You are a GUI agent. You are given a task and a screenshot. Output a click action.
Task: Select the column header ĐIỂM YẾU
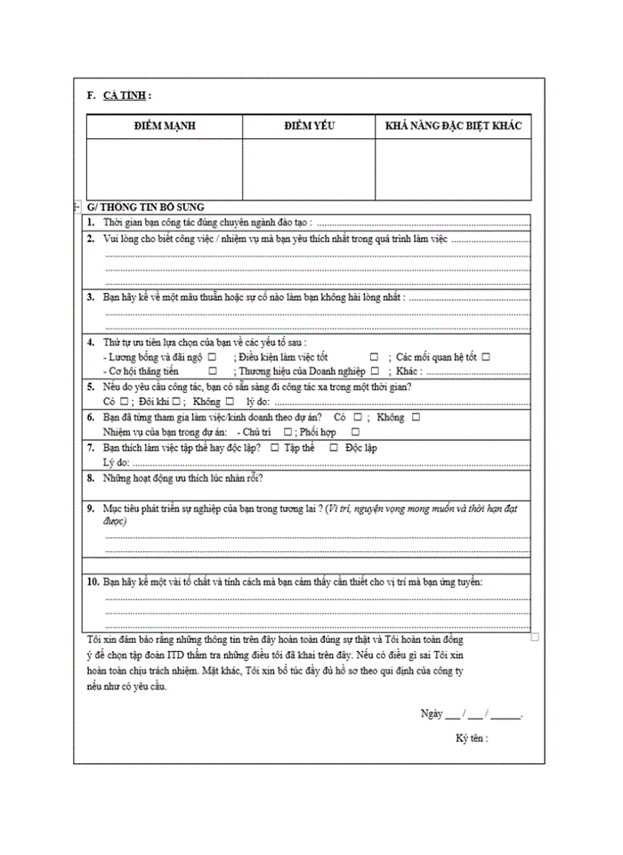309,126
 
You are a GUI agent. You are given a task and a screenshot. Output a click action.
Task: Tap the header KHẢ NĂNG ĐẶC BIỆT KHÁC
453,126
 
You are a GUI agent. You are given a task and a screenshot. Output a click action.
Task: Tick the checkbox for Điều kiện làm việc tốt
374,357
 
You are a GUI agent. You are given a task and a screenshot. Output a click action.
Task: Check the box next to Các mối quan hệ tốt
486,357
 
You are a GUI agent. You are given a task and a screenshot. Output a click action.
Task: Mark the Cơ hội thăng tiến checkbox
213,370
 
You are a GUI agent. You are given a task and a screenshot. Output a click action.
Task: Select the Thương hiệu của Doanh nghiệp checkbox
375,370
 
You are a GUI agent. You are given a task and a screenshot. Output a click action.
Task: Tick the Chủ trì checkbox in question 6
287,432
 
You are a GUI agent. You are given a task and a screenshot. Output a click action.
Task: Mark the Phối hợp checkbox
355,432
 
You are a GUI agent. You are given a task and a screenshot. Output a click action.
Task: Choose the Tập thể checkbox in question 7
275,448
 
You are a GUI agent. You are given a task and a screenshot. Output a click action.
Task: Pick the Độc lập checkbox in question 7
333,448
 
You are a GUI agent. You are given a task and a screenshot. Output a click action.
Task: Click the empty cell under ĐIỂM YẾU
309,169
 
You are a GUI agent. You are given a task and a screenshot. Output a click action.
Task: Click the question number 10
93,582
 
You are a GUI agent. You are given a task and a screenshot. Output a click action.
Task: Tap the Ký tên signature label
472,738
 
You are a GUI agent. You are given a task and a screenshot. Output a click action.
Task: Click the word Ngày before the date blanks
432,714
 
